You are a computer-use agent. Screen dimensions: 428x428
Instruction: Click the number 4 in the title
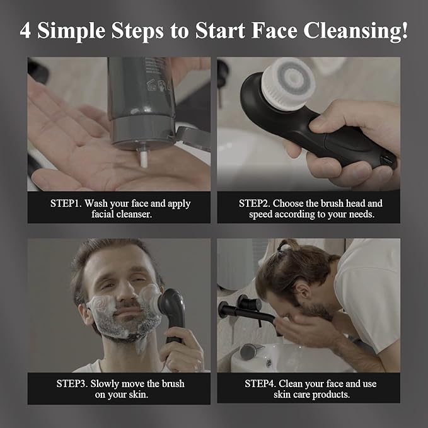26,32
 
